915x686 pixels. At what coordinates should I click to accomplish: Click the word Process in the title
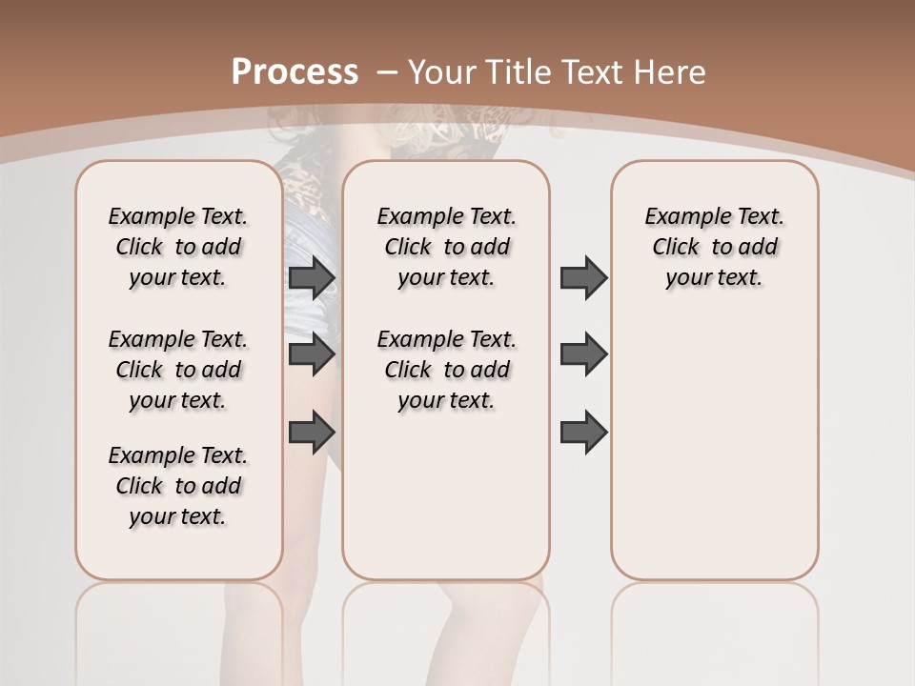tap(295, 72)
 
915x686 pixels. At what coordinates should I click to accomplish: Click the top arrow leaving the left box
tap(312, 278)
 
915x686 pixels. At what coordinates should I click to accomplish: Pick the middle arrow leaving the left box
tap(312, 354)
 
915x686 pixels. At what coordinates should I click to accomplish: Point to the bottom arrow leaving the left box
tap(312, 432)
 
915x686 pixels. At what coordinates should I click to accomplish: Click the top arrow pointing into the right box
tap(583, 278)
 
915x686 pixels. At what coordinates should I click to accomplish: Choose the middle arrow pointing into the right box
tap(583, 354)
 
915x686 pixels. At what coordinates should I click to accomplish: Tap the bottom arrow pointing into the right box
tap(583, 432)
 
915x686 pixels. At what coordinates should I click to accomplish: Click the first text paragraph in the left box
tap(178, 247)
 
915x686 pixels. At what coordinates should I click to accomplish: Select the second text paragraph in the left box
tap(178, 370)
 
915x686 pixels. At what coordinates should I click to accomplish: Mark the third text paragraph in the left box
tap(178, 486)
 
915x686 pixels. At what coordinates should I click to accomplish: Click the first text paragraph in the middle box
tap(446, 247)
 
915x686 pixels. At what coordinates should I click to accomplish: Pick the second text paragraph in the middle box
tap(446, 370)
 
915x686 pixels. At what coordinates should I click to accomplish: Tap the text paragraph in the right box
tap(714, 247)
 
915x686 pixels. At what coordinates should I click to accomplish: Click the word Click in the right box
tap(676, 248)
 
